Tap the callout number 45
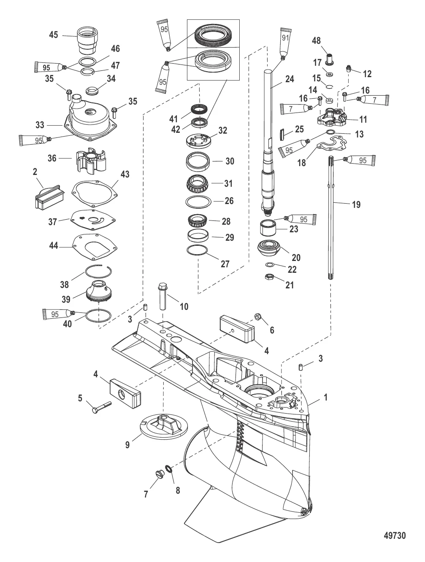pyautogui.click(x=53, y=35)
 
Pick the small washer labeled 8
pyautogui.click(x=168, y=469)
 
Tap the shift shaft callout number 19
pyautogui.click(x=356, y=204)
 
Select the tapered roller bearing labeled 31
pyautogui.click(x=197, y=184)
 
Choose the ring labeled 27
pyautogui.click(x=197, y=250)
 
